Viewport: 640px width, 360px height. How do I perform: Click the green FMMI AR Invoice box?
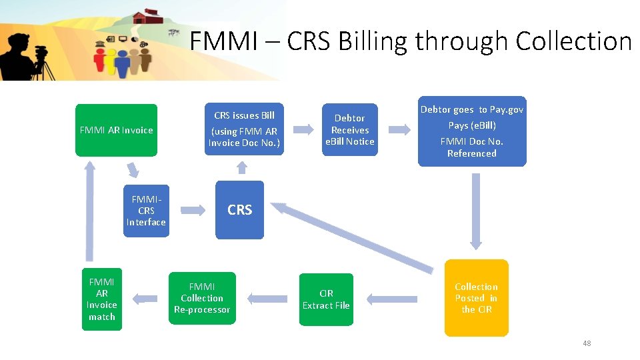coord(116,130)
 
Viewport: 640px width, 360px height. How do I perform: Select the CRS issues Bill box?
coord(244,129)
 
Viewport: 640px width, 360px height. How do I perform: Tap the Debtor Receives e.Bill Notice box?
coord(349,129)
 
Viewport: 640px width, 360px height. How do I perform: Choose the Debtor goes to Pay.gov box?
coord(471,131)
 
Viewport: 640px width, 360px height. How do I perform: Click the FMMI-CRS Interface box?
coord(146,211)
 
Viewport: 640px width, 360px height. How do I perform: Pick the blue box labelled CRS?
coord(239,210)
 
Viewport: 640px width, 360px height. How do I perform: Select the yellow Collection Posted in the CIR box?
coord(476,298)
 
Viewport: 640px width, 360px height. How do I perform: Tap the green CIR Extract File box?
coord(325,299)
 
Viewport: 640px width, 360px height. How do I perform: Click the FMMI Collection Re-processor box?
coord(202,298)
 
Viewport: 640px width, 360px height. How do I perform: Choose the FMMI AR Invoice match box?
coord(102,299)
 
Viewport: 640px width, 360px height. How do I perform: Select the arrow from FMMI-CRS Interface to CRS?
coord(193,211)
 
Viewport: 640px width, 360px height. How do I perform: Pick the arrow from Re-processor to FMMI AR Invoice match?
coord(146,299)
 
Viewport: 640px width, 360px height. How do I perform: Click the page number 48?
coord(587,343)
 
